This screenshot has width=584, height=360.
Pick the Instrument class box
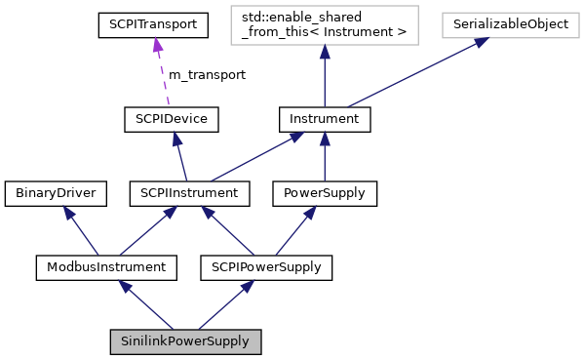click(325, 120)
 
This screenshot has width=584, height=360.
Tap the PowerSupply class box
click(324, 193)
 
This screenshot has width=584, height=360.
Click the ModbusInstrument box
click(105, 265)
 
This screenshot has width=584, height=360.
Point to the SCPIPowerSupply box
click(266, 265)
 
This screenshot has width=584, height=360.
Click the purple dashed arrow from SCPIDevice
click(162, 73)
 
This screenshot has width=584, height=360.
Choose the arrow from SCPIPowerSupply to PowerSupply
click(295, 229)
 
